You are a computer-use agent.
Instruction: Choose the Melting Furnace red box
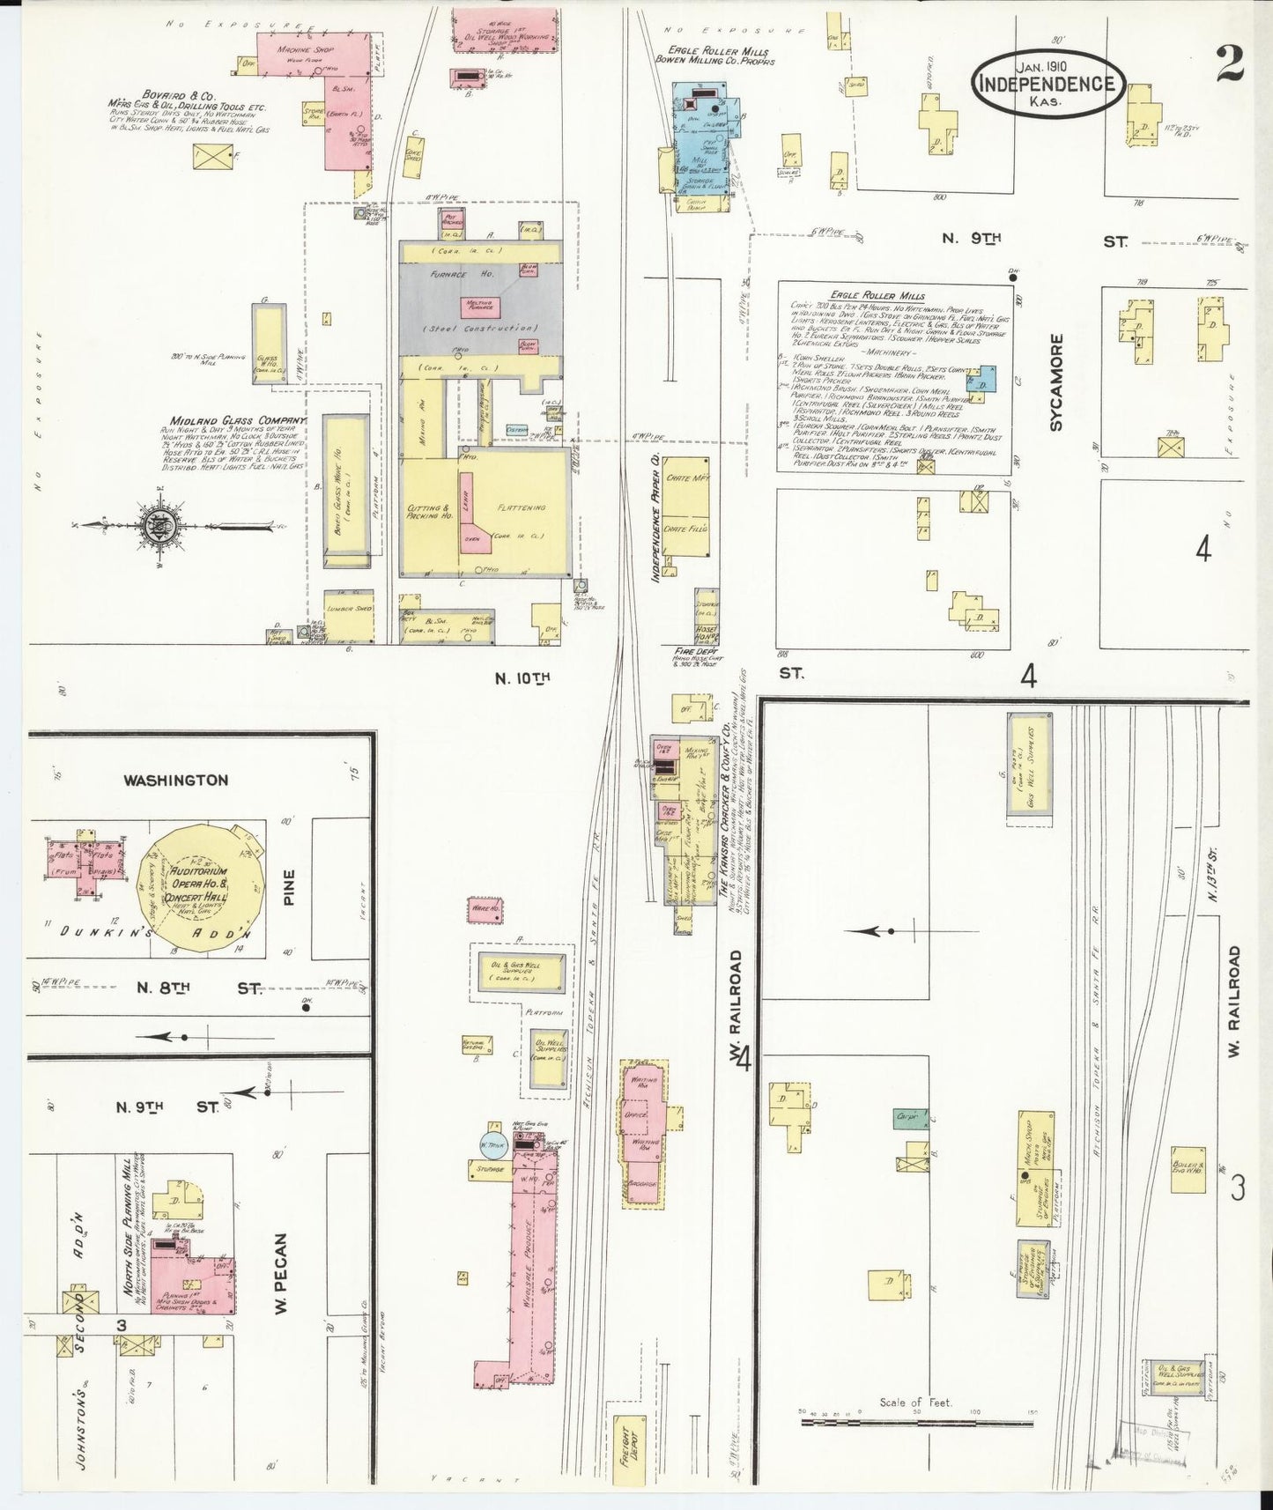[x=481, y=307]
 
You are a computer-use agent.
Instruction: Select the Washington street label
[x=175, y=780]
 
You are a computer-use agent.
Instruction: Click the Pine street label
[x=289, y=887]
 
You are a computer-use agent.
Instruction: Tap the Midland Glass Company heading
[x=233, y=420]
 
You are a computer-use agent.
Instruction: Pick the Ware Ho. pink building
[x=485, y=908]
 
